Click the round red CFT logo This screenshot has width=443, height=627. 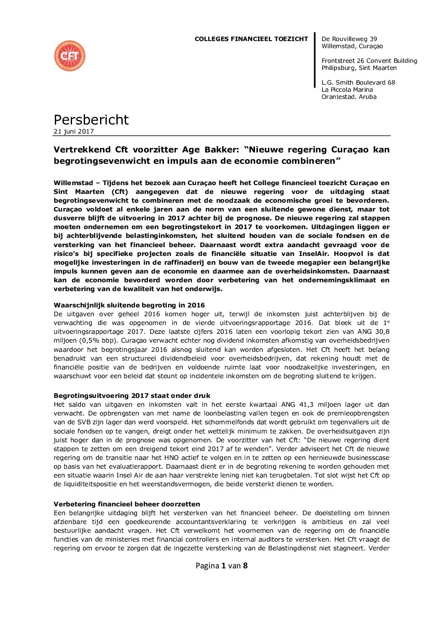pos(70,56)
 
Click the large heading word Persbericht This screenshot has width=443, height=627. pos(91,120)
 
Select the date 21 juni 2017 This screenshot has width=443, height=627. pos(74,132)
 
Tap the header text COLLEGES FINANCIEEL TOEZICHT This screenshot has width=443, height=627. pos(251,39)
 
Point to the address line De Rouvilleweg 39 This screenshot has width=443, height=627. pos(349,39)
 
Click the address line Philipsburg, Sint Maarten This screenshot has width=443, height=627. pos(359,68)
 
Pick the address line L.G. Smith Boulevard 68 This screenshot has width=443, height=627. pos(358,83)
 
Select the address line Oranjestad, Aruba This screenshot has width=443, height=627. pos(349,97)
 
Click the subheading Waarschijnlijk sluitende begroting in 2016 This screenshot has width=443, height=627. pos(129,305)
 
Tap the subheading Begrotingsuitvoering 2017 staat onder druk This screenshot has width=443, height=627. pos(132,395)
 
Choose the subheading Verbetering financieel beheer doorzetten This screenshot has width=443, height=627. pos(127,504)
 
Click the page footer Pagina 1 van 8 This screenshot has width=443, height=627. pos(221,566)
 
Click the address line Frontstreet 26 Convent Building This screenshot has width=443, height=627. pos(369,61)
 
